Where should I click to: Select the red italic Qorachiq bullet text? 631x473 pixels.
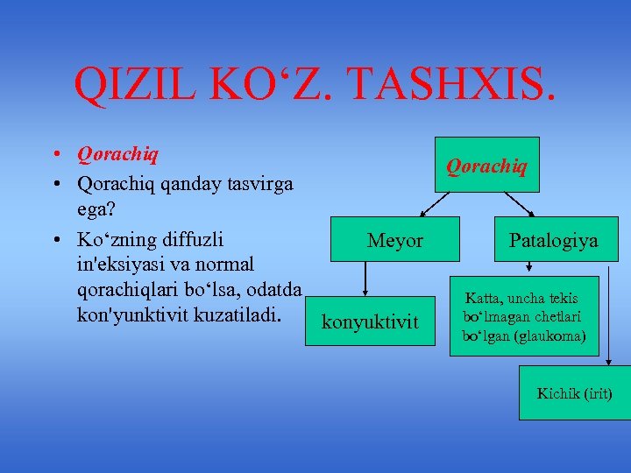pos(117,155)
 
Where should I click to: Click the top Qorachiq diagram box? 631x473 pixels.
pos(486,165)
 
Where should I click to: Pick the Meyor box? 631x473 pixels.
pos(394,240)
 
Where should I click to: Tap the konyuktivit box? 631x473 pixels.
pos(371,322)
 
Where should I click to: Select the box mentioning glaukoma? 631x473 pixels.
pos(524,317)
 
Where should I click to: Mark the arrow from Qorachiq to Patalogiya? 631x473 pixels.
pos(519,203)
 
